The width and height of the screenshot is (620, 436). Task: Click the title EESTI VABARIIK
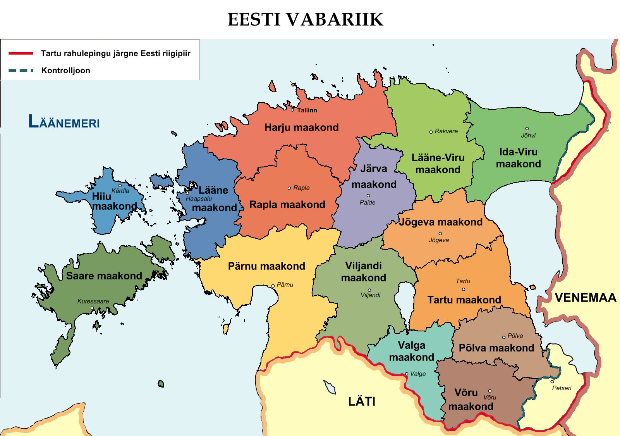(305, 19)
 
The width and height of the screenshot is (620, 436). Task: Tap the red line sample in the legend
(21, 53)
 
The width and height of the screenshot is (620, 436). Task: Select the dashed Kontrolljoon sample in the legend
(21, 71)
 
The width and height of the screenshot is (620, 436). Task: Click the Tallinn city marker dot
(293, 110)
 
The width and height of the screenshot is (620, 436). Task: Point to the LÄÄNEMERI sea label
(64, 122)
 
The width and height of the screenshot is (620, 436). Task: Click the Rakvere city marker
(431, 132)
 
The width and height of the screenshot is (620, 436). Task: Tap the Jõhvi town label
(528, 135)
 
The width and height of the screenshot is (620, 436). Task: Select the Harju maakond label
(301, 128)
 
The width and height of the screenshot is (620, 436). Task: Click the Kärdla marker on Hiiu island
(120, 186)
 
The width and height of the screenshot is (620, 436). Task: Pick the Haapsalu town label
(199, 198)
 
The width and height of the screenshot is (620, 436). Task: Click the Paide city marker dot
(368, 196)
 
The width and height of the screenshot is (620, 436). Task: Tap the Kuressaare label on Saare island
(93, 301)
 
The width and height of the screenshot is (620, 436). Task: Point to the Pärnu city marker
(273, 286)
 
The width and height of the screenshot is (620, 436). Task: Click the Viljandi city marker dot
(369, 290)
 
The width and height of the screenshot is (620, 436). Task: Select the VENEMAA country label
(585, 298)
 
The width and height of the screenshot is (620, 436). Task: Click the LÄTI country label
(361, 402)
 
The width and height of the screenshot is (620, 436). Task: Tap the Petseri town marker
(552, 382)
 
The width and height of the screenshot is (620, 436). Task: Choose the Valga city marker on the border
(407, 374)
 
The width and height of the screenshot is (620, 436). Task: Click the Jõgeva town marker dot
(440, 234)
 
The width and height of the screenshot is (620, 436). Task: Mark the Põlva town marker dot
(504, 337)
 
